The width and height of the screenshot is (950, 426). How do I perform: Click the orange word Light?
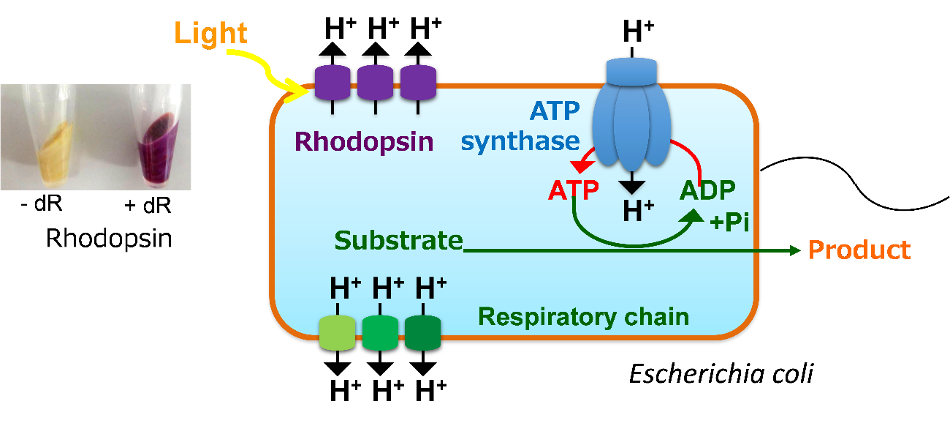click(x=212, y=33)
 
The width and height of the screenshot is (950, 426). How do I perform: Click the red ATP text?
click(x=573, y=191)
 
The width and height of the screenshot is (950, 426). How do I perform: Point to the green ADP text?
click(x=707, y=191)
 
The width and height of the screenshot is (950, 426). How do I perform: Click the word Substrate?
click(x=398, y=241)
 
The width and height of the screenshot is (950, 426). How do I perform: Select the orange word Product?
click(x=859, y=250)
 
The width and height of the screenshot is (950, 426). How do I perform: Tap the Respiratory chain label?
click(x=583, y=317)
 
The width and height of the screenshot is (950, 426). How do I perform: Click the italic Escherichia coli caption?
click(x=721, y=375)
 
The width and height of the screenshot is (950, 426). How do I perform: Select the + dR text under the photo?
click(x=147, y=206)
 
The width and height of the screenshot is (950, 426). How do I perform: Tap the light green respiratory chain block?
click(x=337, y=332)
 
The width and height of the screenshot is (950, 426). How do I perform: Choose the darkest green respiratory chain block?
click(x=422, y=332)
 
